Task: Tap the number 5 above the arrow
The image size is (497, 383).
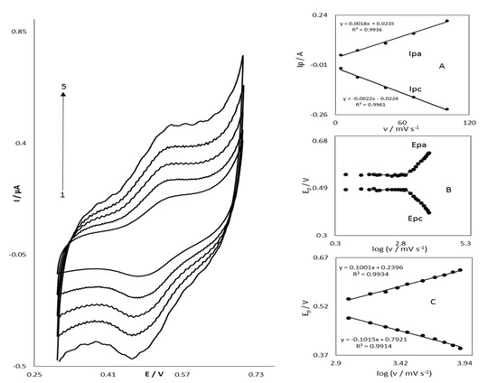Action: pos(63,86)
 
